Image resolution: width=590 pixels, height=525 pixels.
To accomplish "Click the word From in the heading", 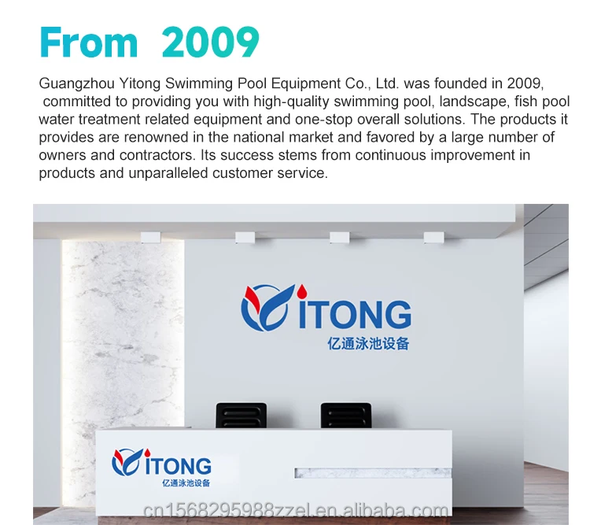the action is pyautogui.click(x=88, y=42).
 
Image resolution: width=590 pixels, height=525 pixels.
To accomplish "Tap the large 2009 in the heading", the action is pyautogui.click(x=210, y=43).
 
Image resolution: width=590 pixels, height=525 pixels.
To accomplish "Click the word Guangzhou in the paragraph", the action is pyautogui.click(x=77, y=83).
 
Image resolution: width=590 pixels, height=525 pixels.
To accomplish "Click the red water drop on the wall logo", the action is pyautogui.click(x=301, y=290).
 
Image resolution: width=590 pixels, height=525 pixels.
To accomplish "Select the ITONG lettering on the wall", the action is pyautogui.click(x=355, y=314).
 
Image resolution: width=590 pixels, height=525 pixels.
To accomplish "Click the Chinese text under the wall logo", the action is pyautogui.click(x=368, y=343).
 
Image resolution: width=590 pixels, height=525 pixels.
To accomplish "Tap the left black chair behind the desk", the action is pyautogui.click(x=242, y=416).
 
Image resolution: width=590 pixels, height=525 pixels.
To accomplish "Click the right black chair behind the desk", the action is pyautogui.click(x=346, y=416).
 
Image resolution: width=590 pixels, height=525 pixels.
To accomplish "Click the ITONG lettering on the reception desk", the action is pyautogui.click(x=178, y=466).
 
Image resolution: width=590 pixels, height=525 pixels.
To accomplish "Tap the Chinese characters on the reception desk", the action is pyautogui.click(x=186, y=482).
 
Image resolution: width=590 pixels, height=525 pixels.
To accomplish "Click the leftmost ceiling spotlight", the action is pyautogui.click(x=150, y=237).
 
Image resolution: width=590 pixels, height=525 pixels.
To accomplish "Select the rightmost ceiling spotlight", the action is pyautogui.click(x=433, y=237).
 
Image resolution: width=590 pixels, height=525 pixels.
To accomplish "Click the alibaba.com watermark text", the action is pyautogui.click(x=296, y=511).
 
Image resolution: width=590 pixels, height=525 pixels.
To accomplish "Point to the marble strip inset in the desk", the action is pyautogui.click(x=373, y=473).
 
